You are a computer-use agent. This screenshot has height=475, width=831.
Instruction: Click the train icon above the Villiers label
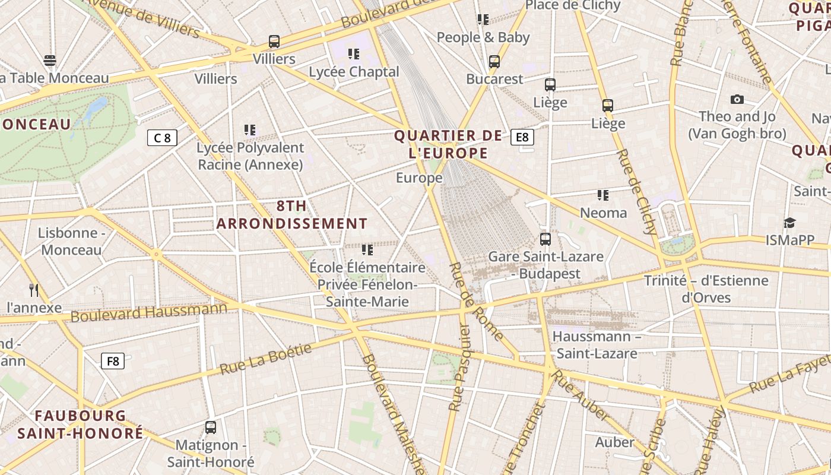274,42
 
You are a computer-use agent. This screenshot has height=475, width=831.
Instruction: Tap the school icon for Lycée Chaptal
354,54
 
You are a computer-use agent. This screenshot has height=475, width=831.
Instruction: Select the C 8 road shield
162,138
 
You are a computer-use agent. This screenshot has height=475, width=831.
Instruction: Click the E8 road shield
522,138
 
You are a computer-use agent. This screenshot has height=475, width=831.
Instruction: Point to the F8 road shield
112,360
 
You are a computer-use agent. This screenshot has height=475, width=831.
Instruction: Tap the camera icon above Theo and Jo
737,99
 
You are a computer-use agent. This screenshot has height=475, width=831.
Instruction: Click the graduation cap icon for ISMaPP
789,223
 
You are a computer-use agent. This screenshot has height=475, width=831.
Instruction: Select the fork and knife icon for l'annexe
34,290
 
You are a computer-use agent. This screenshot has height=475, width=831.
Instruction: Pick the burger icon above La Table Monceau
50,60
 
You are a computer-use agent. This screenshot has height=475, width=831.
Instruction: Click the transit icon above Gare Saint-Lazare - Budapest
545,239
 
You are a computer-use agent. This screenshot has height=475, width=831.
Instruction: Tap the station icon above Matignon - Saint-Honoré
211,427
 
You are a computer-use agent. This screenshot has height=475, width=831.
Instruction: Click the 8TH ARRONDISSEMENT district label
292,215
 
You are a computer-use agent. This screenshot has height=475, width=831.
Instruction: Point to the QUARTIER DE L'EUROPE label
448,144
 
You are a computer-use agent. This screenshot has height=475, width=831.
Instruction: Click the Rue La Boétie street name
265,359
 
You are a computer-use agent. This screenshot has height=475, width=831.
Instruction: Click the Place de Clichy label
573,5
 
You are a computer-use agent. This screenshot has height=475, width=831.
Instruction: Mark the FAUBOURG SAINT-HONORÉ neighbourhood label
80,424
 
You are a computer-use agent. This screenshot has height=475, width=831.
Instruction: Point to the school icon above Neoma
603,195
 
